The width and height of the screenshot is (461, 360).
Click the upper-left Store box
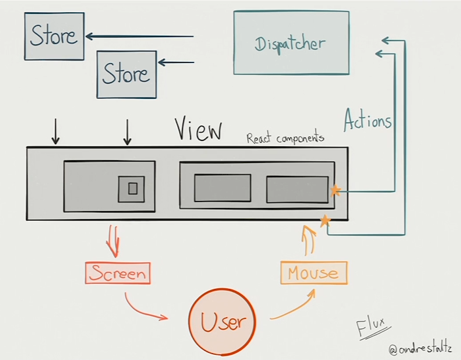(54, 36)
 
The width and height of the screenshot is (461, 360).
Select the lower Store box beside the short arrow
(126, 74)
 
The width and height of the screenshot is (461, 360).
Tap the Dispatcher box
(291, 43)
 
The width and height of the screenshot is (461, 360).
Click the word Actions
(368, 120)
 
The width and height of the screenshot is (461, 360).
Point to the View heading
(198, 129)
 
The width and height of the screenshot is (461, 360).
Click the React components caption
(285, 139)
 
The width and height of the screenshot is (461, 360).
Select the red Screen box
(118, 273)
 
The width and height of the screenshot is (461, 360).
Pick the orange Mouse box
(314, 273)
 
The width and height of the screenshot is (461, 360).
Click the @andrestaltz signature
(420, 348)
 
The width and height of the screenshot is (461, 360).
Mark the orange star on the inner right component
(335, 191)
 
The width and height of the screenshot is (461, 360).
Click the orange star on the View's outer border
(325, 220)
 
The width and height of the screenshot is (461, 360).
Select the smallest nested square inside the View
(132, 189)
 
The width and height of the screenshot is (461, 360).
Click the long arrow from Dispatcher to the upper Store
(139, 36)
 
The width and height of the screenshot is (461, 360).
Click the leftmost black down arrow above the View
(55, 132)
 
